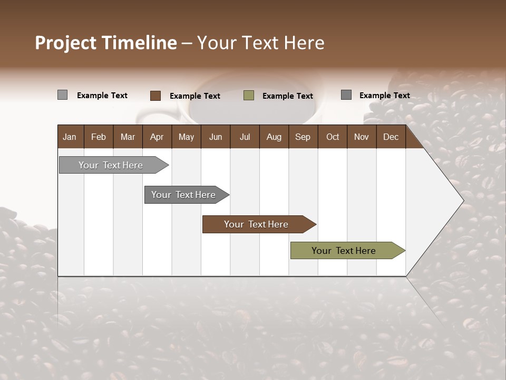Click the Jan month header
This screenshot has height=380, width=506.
point(70,137)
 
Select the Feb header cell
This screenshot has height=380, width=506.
point(99,137)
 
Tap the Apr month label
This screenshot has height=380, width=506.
point(157,137)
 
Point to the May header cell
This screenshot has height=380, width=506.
point(186,137)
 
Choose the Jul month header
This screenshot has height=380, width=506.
point(245,137)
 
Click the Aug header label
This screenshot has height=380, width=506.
point(274,137)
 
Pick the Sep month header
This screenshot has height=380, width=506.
point(303,137)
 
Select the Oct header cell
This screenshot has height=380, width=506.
point(333,137)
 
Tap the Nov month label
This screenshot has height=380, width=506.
point(362,137)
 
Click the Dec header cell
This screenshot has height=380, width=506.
point(391,137)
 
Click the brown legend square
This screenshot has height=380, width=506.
point(155,96)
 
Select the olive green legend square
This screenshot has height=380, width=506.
point(249,96)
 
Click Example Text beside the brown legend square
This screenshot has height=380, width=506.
point(195,96)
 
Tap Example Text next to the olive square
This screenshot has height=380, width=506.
point(288,96)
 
